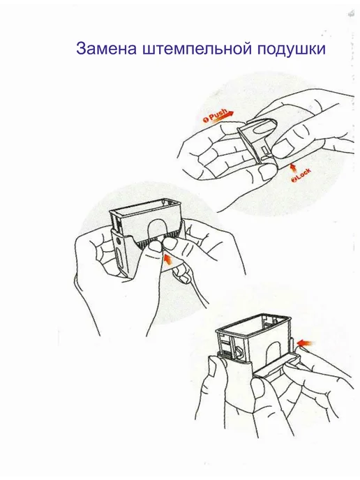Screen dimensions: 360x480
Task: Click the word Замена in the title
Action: [x=106, y=49]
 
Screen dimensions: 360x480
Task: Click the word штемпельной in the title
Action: [x=197, y=49]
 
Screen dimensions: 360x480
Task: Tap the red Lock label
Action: [x=303, y=175]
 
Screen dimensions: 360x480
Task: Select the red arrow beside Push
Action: [x=220, y=117]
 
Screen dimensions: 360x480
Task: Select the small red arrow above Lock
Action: [x=293, y=167]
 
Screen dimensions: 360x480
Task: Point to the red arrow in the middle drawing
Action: [x=167, y=259]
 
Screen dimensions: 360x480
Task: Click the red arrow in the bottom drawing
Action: [x=306, y=343]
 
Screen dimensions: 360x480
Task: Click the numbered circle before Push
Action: [x=206, y=119]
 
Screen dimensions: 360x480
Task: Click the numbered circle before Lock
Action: [x=294, y=180]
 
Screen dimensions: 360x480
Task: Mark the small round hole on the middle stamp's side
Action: [x=119, y=241]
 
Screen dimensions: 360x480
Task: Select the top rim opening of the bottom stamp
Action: [x=253, y=324]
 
